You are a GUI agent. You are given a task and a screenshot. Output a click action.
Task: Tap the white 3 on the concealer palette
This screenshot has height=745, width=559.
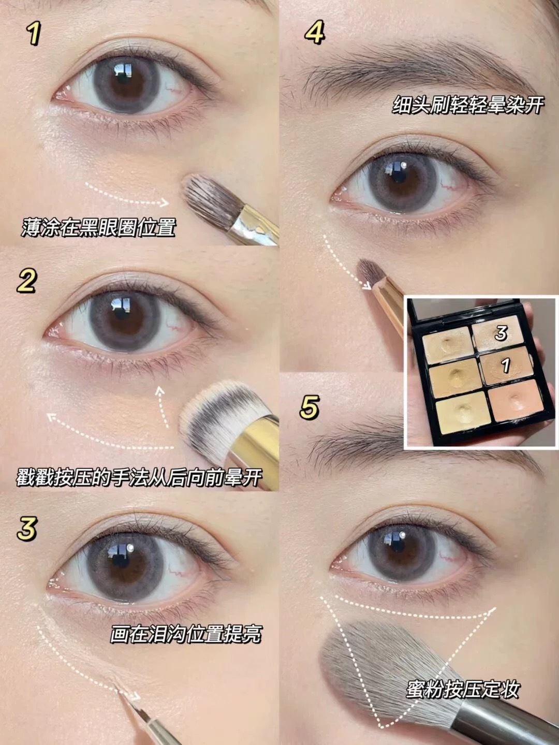pyautogui.click(x=501, y=333)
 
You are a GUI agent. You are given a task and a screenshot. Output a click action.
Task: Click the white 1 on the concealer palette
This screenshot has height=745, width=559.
pyautogui.click(x=506, y=365)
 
